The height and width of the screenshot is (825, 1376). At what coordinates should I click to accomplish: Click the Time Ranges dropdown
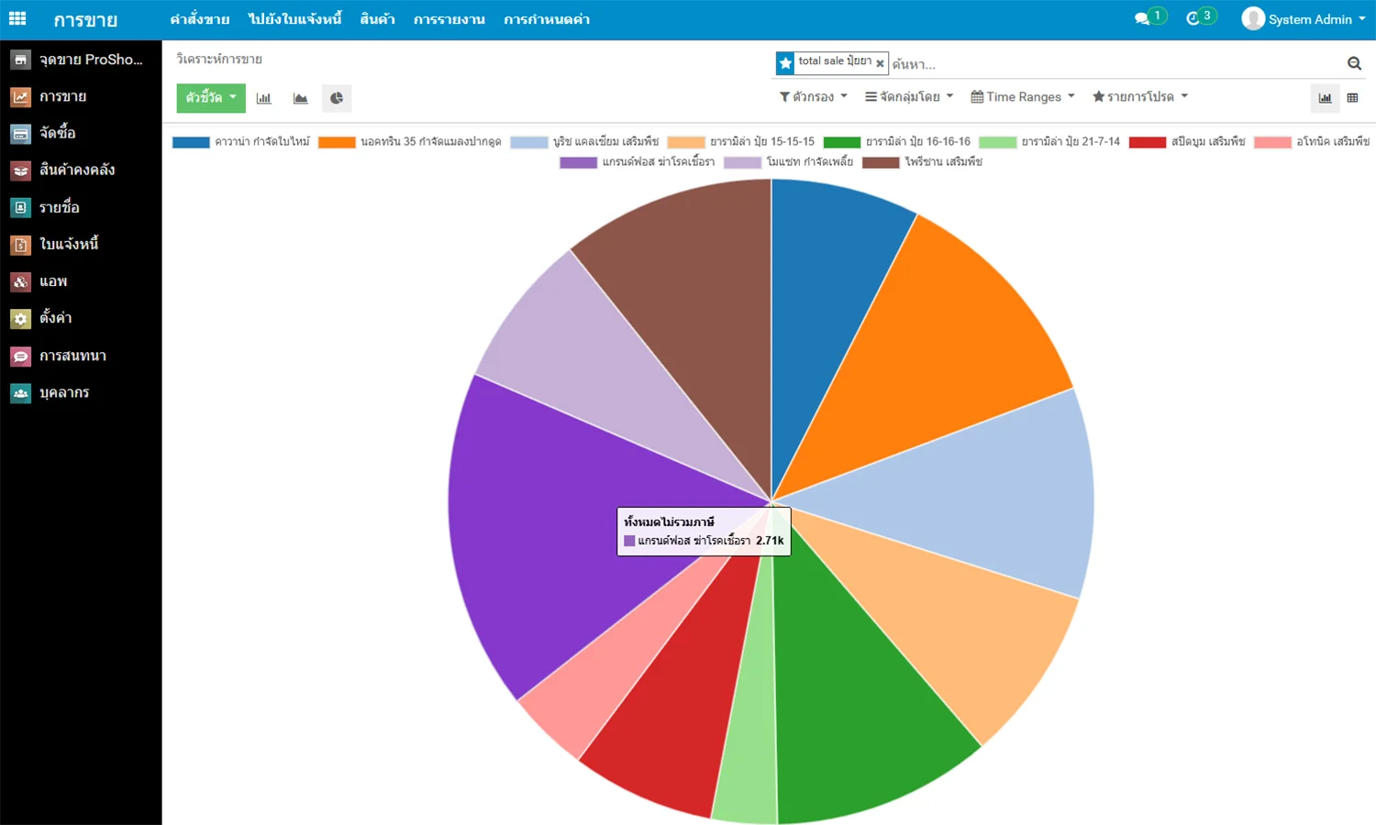coord(1023,96)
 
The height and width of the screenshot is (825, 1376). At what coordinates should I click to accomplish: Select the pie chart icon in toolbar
coord(337,98)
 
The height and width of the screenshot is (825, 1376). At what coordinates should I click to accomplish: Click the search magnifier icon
coord(1354,63)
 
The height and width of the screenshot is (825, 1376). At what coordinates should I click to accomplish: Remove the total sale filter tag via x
coord(880,63)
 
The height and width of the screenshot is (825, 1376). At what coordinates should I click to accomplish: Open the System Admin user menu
coord(1303,19)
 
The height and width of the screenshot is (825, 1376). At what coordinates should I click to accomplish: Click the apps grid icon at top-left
coord(17,18)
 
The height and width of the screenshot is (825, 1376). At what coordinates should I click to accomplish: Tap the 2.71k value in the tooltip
coord(770,541)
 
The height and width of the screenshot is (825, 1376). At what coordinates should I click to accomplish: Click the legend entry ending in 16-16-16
coord(917,142)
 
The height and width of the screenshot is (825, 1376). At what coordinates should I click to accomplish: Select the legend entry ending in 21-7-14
coord(1070,142)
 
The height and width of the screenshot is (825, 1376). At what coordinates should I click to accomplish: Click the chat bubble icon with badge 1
coord(1142,18)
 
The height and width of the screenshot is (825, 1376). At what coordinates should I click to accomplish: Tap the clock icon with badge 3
coord(1193,18)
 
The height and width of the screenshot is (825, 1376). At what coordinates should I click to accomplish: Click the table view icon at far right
coord(1352,98)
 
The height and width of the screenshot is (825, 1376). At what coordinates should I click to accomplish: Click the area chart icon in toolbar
coord(300,98)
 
